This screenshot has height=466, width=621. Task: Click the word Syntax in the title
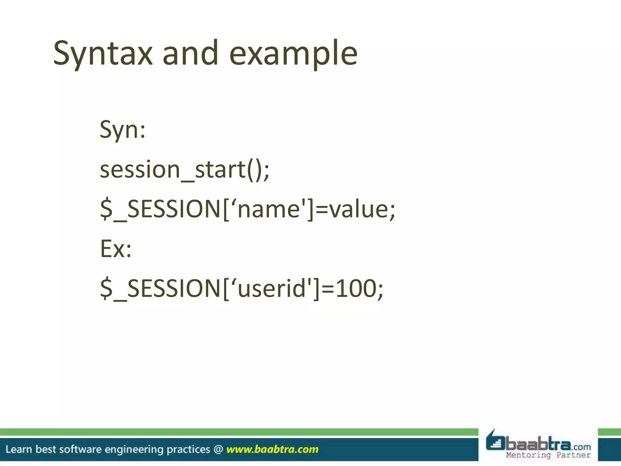[x=102, y=54]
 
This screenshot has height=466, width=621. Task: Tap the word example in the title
[x=293, y=54]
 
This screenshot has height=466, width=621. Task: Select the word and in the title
[x=190, y=54]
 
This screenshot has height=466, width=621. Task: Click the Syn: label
[x=123, y=130]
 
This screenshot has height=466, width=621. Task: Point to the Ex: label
[x=116, y=249]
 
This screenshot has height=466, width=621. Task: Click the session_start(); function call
[x=184, y=170]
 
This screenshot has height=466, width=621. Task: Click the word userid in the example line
[x=271, y=289]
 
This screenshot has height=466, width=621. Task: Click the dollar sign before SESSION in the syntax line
[x=106, y=210]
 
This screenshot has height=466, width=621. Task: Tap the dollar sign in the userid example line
[x=106, y=289]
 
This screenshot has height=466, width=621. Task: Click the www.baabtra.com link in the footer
[x=272, y=449]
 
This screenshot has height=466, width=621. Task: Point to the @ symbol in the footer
[x=218, y=449]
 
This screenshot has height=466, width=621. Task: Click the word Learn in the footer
[x=18, y=449]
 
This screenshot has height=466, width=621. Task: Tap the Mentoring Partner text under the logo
[x=548, y=455]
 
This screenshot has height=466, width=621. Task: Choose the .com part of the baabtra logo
[x=581, y=447]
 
